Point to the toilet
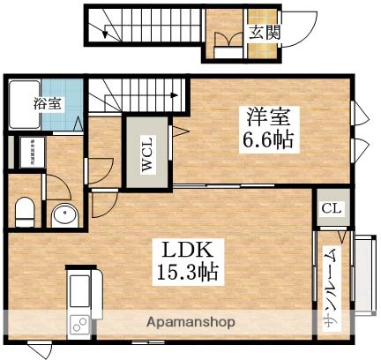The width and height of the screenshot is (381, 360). pyautogui.click(x=26, y=212)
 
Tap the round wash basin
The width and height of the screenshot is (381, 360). pyautogui.click(x=64, y=214)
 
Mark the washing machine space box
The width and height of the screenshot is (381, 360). pyautogui.click(x=27, y=152)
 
